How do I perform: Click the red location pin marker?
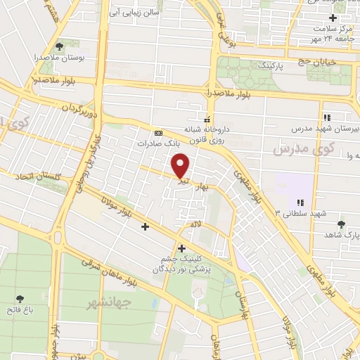click(x=181, y=165)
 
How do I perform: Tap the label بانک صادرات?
click(x=167, y=141)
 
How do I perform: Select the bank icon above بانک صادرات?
click(x=159, y=131)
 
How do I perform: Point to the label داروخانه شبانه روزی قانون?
click(x=207, y=134)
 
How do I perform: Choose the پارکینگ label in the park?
click(x=254, y=65)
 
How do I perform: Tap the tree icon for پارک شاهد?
click(x=342, y=224)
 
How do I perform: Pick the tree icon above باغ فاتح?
click(x=19, y=298)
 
